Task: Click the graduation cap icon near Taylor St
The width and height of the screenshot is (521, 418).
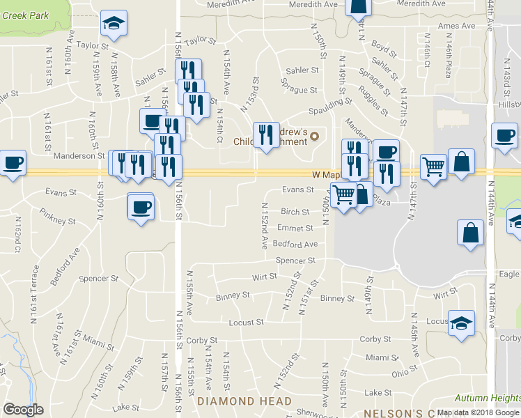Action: [x=114, y=24]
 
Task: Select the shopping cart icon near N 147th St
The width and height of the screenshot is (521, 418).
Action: [x=434, y=167]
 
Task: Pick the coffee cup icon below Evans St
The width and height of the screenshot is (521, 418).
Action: [x=141, y=207]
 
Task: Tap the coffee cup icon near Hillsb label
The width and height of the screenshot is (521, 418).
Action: [x=504, y=136]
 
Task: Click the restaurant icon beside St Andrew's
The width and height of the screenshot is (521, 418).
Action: [x=266, y=135]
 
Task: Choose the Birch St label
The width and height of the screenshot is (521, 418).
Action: [x=295, y=212]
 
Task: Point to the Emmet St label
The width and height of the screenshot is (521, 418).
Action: [x=294, y=228]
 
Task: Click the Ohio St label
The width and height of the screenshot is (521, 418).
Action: [x=404, y=374]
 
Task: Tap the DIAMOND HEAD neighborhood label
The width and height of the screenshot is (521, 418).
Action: [x=244, y=401]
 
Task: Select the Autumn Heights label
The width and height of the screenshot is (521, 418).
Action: [x=487, y=398]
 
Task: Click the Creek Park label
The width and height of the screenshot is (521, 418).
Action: [x=24, y=15]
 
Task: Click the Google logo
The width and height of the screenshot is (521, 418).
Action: [x=23, y=409]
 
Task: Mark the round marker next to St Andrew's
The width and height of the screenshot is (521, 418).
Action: [x=313, y=136]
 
